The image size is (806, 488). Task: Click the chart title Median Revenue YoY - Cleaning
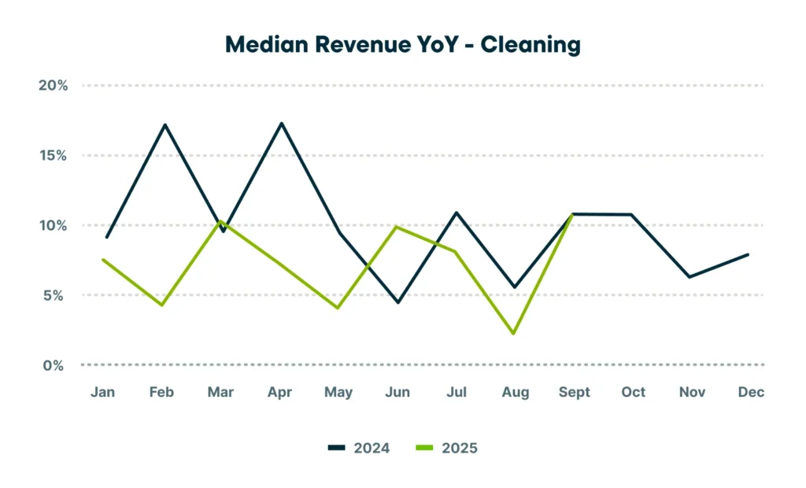coord(402,45)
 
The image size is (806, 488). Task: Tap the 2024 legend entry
coord(358,448)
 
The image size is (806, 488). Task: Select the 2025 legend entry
coord(446,448)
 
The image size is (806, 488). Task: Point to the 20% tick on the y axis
coord(54,85)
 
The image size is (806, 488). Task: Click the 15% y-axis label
coord(54,155)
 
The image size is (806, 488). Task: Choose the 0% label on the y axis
coord(54,365)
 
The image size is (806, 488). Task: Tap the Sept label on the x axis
coord(574,392)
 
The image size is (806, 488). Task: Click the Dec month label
coord(751,392)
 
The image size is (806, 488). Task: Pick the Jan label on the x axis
coord(103,392)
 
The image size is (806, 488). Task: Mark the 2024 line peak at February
coord(165,124)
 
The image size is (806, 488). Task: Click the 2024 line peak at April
coord(281,123)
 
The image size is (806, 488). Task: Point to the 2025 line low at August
coord(514,334)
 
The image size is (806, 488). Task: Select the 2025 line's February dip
coord(162,305)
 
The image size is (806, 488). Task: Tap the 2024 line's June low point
coord(397,302)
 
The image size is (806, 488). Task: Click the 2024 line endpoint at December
coord(748,254)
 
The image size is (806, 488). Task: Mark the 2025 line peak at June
coord(397,227)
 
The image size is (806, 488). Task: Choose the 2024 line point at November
coord(689,277)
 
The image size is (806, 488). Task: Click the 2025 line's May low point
coord(338,308)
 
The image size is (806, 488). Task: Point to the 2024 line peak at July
coord(456,213)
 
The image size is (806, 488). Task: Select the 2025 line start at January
coord(104,260)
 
